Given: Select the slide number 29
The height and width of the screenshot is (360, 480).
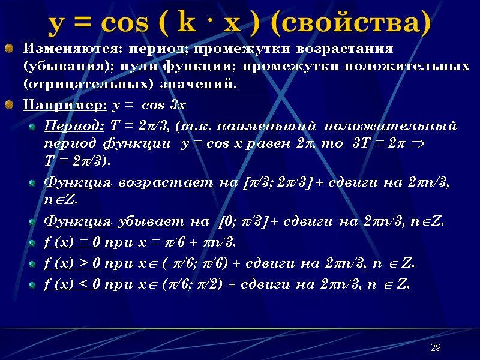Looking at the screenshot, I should tap(436, 349).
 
